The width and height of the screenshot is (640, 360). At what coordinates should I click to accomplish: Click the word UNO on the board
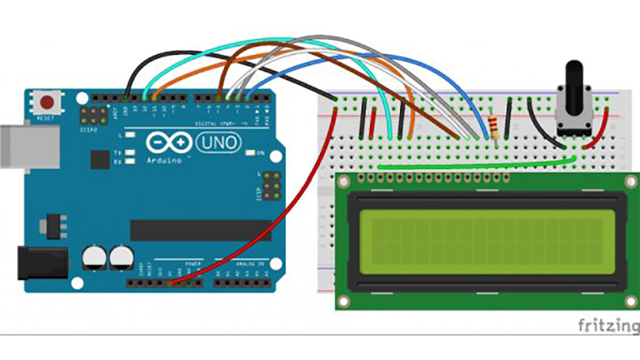coord(218,143)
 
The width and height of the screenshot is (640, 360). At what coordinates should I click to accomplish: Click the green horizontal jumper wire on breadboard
coord(475,164)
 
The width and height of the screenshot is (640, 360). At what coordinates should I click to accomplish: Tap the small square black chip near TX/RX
coord(100,158)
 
